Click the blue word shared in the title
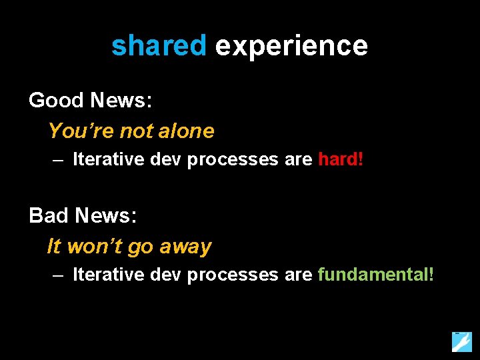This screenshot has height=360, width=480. point(159,46)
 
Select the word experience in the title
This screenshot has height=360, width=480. point(291,46)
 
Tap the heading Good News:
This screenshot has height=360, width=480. point(91,101)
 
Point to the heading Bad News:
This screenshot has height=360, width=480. point(83,215)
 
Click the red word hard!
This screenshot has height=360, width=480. point(341,159)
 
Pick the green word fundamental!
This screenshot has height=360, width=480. point(376,274)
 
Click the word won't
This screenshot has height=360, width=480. point(95,247)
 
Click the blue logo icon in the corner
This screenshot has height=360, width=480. point(461,341)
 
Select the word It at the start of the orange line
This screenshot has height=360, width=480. point(53,247)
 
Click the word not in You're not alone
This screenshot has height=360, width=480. point(137,131)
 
